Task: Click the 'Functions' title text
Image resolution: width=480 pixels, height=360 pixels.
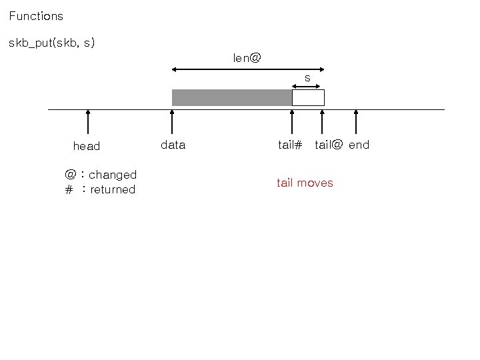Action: click(36, 16)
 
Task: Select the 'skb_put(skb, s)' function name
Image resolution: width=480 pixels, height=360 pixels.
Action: click(51, 43)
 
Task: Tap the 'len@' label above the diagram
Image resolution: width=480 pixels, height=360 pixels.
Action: click(247, 58)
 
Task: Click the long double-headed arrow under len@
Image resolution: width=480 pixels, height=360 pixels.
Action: click(248, 69)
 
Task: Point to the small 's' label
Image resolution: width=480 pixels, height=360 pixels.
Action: click(307, 78)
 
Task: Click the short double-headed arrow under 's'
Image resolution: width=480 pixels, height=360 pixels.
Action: click(308, 85)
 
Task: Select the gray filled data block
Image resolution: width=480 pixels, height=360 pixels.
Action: click(231, 97)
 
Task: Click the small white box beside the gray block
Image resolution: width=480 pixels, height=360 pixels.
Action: click(308, 97)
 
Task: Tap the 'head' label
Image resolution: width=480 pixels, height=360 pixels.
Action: click(87, 146)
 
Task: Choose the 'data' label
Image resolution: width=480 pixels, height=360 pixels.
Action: click(173, 145)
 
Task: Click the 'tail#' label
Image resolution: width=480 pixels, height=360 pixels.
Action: click(290, 145)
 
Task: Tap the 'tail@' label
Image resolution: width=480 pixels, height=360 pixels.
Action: click(329, 145)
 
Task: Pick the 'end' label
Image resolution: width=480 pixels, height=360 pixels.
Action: click(359, 145)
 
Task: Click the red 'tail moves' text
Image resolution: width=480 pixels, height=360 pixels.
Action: click(305, 183)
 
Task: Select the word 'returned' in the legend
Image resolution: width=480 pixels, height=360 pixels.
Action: click(113, 189)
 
